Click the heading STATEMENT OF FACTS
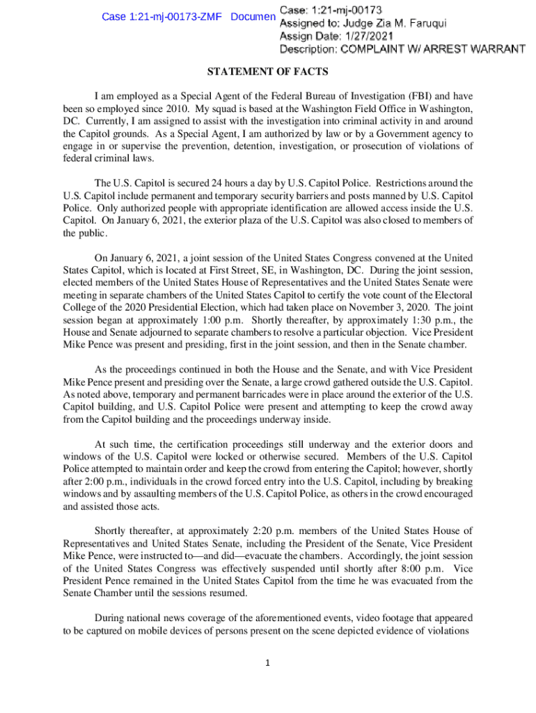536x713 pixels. tap(268, 72)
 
